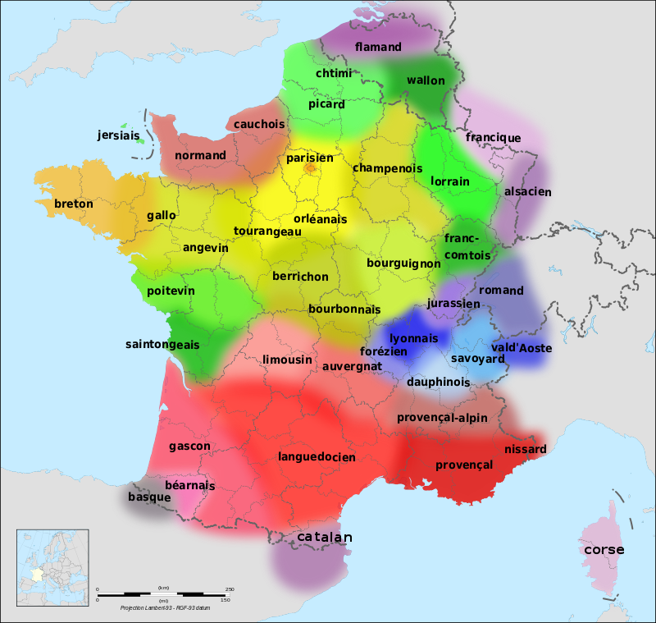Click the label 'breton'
74,204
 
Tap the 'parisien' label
310,158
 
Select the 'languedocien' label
317,456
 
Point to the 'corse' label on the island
604,549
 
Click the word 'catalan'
325,537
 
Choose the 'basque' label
149,497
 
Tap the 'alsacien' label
528,191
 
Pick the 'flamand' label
378,47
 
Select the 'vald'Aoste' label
522,348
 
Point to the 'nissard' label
526,449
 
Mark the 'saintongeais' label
162,345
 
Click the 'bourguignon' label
403,263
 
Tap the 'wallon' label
426,80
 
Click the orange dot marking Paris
310,167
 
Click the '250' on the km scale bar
230,589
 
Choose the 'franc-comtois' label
467,246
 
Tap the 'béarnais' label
189,485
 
